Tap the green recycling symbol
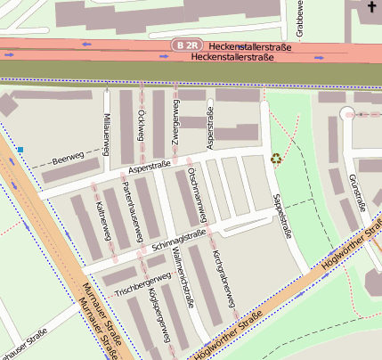275,160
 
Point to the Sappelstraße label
281,213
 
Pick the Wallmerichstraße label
183,278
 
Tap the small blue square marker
20,151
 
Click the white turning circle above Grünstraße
345,113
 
